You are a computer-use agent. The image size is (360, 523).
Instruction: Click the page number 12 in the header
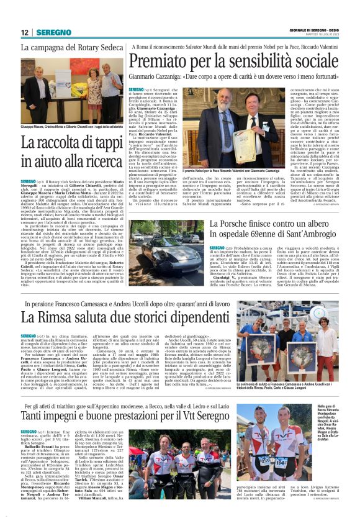tap(25, 32)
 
